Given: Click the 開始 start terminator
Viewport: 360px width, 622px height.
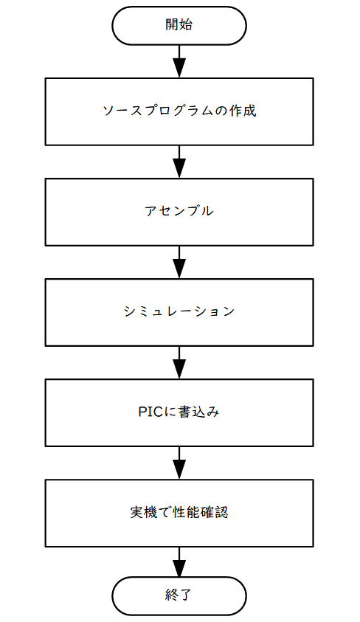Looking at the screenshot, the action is pos(179,25).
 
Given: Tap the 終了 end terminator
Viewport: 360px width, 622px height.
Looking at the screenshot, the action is pos(179,595).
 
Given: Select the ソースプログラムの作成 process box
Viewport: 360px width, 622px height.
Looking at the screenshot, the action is pos(179,111).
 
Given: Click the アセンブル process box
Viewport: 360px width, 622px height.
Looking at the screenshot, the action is pos(179,212).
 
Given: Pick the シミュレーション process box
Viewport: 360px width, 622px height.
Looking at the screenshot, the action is pos(179,312).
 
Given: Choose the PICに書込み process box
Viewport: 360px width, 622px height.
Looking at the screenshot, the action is pos(179,412).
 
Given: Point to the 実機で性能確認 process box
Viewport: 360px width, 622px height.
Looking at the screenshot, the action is pos(179,513).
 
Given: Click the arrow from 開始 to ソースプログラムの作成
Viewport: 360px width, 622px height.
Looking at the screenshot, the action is pos(179,61).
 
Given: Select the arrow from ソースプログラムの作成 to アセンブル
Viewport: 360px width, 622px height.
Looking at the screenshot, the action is pos(179,162).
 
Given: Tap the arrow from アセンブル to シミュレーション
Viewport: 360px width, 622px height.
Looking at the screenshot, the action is pos(179,262).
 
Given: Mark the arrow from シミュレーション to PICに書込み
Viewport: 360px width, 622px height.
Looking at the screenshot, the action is pos(179,362).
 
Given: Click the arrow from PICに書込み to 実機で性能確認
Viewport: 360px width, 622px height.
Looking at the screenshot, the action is pos(179,463).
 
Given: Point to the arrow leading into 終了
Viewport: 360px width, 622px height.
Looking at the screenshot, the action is pos(179,561).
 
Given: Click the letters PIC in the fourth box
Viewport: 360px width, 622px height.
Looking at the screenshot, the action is pos(150,412).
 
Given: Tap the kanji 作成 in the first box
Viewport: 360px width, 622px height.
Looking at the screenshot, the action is pos(243,110).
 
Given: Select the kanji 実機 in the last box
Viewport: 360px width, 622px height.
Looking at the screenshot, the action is pos(144,512).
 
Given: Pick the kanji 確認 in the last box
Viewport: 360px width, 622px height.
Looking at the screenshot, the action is pos(214,512).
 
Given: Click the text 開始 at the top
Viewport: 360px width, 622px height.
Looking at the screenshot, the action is pos(179,24).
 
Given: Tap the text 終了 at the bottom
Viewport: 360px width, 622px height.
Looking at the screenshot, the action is pos(179,595).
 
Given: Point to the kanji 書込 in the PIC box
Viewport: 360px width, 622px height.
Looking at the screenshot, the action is pos(192,412).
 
